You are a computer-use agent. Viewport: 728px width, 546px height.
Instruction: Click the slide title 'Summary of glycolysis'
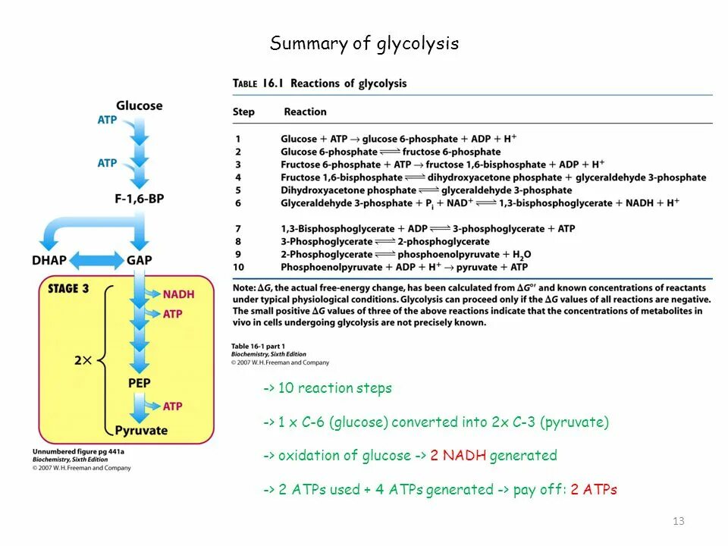(x=364, y=44)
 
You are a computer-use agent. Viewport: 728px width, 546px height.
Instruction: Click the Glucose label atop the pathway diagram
(x=139, y=105)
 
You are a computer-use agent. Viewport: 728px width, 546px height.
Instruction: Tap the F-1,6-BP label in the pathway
(x=140, y=199)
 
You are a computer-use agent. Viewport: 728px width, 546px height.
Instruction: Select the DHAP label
(x=49, y=260)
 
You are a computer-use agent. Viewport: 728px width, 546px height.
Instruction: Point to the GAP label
(x=140, y=260)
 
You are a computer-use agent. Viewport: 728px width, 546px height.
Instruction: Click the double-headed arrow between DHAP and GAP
(x=96, y=261)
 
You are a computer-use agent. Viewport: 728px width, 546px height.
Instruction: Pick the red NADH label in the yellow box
(x=178, y=294)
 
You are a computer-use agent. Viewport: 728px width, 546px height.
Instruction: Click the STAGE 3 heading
(x=68, y=288)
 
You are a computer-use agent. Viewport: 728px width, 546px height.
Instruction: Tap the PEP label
(x=139, y=383)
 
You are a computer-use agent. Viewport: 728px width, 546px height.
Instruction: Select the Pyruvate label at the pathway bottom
(x=141, y=431)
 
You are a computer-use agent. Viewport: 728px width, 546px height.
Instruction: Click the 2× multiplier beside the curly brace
(x=83, y=360)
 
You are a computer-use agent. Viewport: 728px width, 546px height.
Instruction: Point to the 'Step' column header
(x=243, y=112)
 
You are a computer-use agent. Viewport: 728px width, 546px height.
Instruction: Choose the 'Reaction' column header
(x=305, y=112)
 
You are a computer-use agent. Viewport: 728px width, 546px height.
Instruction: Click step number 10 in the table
(x=239, y=267)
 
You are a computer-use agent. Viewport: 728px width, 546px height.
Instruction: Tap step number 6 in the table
(x=238, y=203)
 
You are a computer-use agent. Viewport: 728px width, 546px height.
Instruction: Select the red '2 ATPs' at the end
(x=594, y=490)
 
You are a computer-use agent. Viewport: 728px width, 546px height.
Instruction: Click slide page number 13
(x=678, y=521)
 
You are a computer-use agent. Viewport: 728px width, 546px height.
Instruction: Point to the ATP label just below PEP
(x=173, y=406)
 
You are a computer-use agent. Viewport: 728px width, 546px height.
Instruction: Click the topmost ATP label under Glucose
(x=107, y=120)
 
